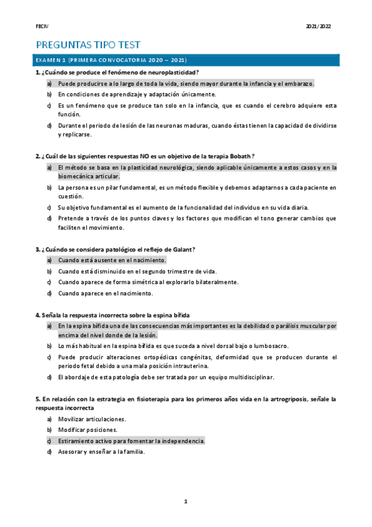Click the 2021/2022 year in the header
click(x=319, y=27)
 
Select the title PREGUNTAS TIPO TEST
click(x=88, y=45)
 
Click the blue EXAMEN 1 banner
click(x=186, y=60)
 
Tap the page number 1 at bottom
click(x=185, y=501)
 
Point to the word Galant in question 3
click(x=183, y=249)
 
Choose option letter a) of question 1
click(x=49, y=83)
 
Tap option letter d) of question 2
click(x=49, y=218)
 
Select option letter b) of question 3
click(x=49, y=271)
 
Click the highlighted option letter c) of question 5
click(x=49, y=441)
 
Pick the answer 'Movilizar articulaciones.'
click(x=92, y=419)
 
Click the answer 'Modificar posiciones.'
click(x=88, y=429)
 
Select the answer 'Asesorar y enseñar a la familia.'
click(x=101, y=452)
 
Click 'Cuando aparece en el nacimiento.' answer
click(x=105, y=293)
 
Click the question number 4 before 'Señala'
click(x=37, y=315)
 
